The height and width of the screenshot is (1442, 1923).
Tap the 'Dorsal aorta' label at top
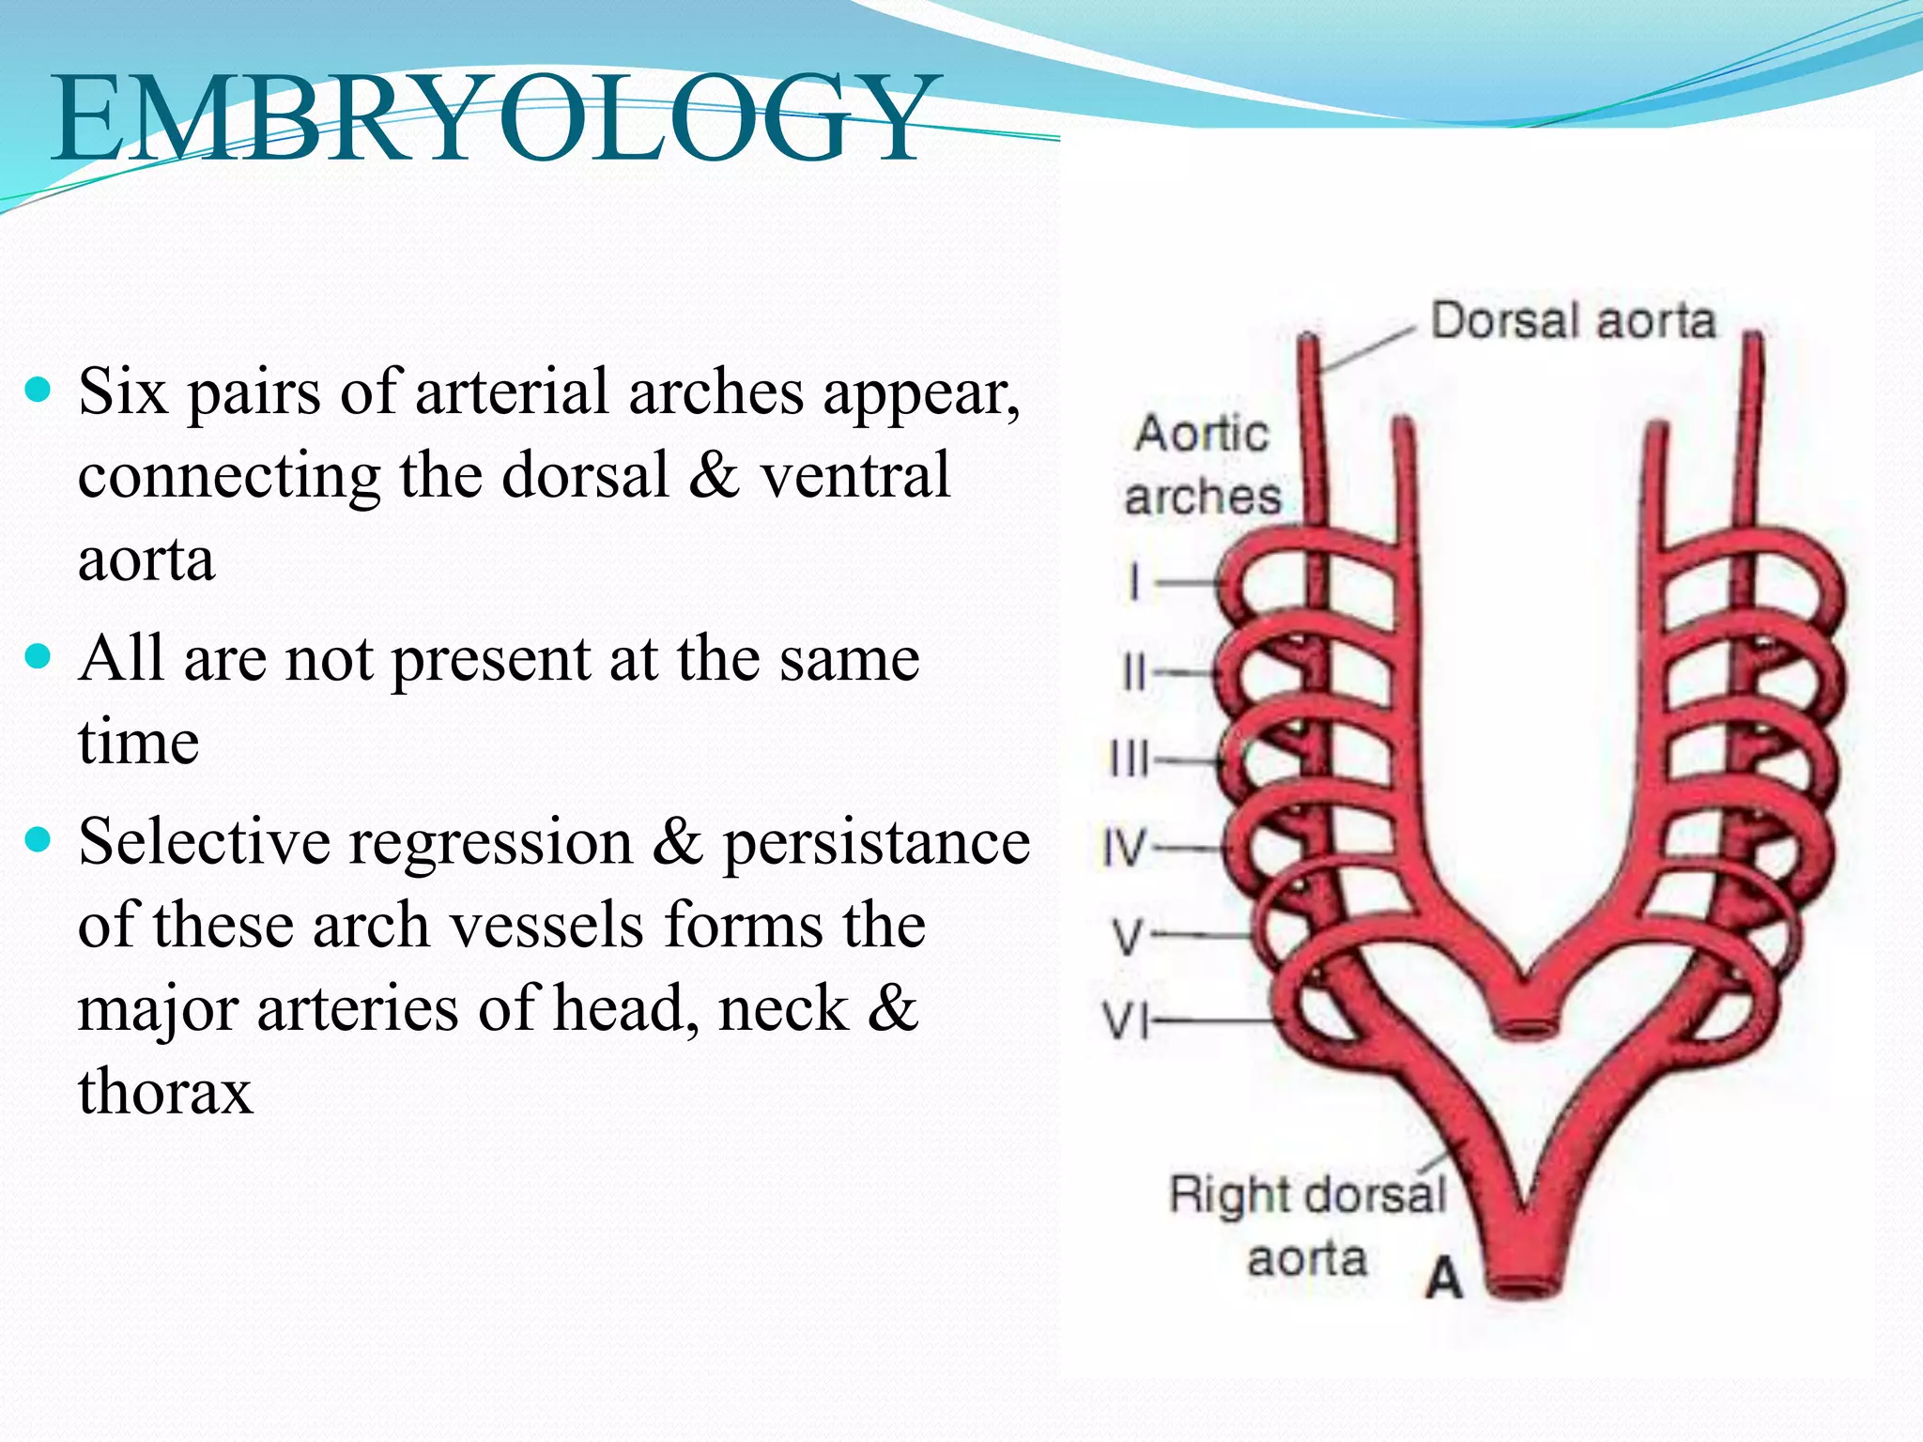click(1573, 321)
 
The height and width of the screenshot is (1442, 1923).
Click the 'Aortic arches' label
click(1202, 465)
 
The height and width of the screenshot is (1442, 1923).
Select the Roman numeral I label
click(1134, 581)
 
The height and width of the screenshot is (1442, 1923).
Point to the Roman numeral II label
click(1134, 672)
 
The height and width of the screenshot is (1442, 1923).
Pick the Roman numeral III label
click(1130, 759)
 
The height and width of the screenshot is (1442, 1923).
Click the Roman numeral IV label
click(1124, 848)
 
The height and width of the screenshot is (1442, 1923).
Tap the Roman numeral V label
click(1128, 936)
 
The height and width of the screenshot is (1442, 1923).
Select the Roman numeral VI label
click(1125, 1020)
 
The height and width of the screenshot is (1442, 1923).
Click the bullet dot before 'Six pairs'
click(38, 389)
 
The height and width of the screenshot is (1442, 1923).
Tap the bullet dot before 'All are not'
click(38, 655)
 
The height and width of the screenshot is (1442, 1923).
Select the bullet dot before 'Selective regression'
click(38, 838)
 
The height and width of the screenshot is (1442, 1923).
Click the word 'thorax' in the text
click(165, 1091)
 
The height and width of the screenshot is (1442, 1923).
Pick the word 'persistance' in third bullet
click(875, 842)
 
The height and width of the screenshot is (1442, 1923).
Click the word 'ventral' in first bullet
click(854, 475)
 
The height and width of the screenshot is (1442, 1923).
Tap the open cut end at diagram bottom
click(1525, 1284)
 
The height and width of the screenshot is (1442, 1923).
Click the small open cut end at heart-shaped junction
click(1525, 1024)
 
